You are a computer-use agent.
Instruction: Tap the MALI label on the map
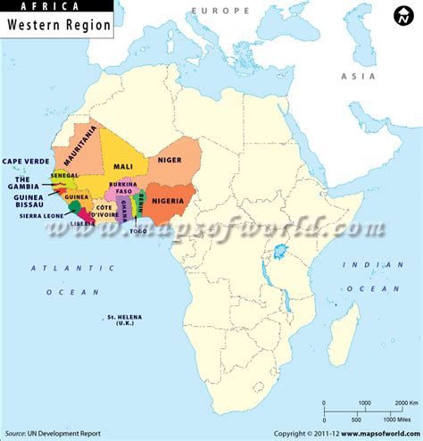click(x=123, y=167)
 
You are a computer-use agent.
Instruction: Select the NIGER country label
click(x=170, y=160)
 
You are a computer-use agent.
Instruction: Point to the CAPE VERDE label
click(x=24, y=161)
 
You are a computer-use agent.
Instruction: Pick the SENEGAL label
click(x=64, y=176)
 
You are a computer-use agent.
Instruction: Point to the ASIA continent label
click(x=354, y=77)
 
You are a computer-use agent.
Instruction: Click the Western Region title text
click(x=59, y=26)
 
